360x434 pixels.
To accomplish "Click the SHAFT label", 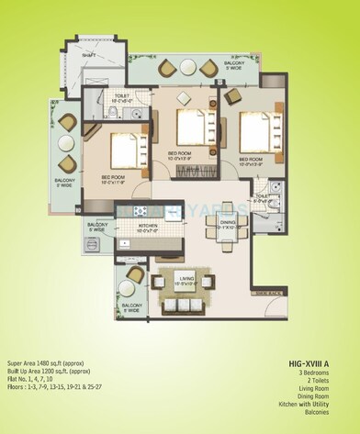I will click(88, 55).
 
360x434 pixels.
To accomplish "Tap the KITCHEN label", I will click(150, 225).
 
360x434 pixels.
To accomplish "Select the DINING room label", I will click(228, 220).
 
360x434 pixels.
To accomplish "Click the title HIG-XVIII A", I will click(317, 362).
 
